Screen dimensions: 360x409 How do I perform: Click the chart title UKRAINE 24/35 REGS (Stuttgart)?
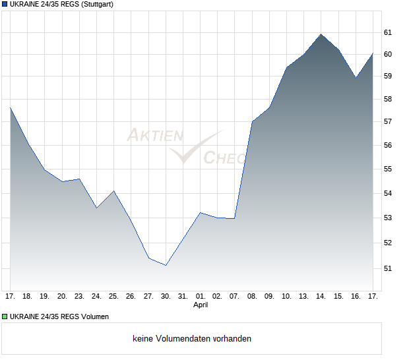(x=61, y=5)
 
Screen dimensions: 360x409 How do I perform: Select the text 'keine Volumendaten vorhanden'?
(x=192, y=339)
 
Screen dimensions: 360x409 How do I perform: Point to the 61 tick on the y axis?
(x=388, y=32)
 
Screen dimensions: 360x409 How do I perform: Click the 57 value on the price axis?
(x=388, y=121)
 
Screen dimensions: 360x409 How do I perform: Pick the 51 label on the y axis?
(x=388, y=268)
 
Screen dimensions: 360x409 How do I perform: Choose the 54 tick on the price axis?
(x=388, y=193)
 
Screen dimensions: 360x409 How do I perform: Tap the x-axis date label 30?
(x=166, y=296)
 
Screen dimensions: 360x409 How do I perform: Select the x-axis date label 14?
(x=321, y=296)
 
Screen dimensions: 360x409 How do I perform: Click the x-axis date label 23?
(x=79, y=296)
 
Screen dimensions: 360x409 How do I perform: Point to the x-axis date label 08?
(x=252, y=296)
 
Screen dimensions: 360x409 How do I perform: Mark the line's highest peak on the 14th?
(x=321, y=34)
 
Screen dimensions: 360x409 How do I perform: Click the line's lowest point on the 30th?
(x=166, y=265)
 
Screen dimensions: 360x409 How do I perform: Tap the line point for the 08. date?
(x=252, y=121)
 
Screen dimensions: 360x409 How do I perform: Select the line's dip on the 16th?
(x=356, y=78)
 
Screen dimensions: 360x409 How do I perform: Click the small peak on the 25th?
(x=114, y=191)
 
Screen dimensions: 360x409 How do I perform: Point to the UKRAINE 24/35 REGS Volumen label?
(x=60, y=316)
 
